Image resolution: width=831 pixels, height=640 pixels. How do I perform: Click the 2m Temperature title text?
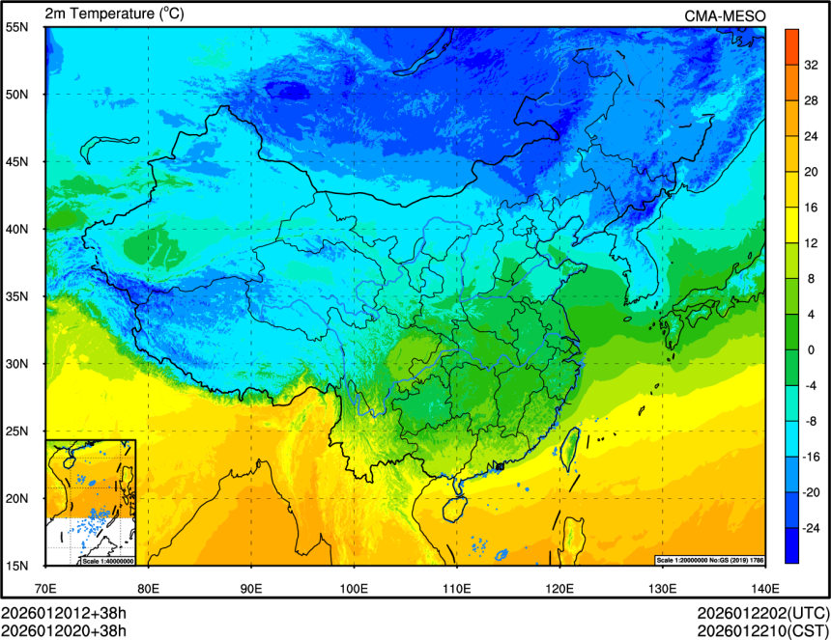[x=114, y=14]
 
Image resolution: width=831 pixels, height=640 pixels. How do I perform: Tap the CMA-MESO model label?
[x=725, y=15]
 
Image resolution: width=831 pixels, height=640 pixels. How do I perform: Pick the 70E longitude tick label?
[x=45, y=588]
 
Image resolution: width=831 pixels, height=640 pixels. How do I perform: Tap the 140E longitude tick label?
[x=764, y=588]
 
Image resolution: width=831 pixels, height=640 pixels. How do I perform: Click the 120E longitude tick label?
[x=559, y=588]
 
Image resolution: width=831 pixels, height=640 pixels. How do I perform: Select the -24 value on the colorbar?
[x=812, y=528]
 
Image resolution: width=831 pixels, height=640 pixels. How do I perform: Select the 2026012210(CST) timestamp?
[x=762, y=631]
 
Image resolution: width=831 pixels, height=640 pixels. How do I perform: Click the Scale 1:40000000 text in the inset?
[x=107, y=561]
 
